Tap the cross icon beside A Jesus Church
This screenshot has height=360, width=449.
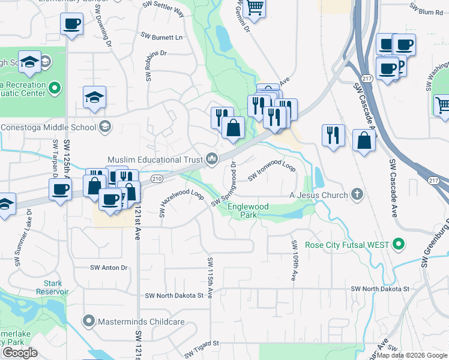[357, 194]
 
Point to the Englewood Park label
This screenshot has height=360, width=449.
[248, 211]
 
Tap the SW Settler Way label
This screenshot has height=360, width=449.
[163, 7]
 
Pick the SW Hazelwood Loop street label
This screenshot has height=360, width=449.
[181, 203]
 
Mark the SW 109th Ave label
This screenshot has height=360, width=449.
[294, 261]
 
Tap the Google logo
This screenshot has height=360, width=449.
[20, 353]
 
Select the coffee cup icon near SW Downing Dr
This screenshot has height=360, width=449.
[71, 25]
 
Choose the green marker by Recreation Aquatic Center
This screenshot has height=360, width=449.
[55, 89]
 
